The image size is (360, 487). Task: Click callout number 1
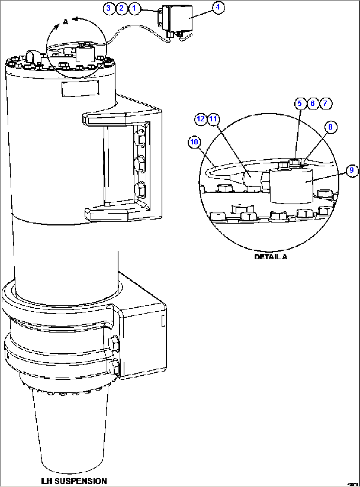(134, 8)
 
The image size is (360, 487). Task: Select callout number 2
(122, 8)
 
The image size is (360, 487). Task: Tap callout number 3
(109, 8)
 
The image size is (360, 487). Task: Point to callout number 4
(218, 7)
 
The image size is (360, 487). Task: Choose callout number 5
(300, 103)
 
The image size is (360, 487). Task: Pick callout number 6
(312, 103)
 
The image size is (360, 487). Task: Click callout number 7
(325, 103)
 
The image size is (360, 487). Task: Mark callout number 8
(330, 127)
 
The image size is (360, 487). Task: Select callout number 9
(352, 170)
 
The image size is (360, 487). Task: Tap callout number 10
(194, 142)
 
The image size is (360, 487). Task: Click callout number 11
(214, 119)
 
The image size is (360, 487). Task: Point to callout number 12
(201, 119)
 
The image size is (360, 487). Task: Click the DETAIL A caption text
(270, 257)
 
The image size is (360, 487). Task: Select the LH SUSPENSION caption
(74, 481)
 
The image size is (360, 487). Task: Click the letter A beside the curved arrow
(65, 22)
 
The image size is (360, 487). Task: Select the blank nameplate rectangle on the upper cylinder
(80, 88)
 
